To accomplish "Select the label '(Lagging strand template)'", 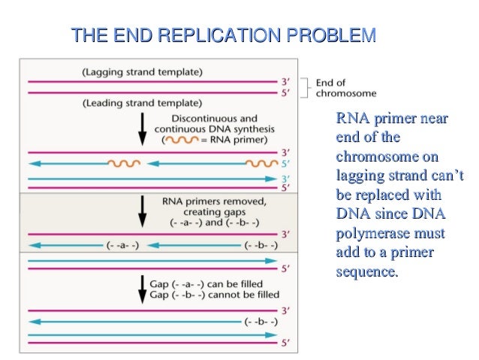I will pyautogui.click(x=142, y=72).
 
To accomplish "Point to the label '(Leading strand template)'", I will pyautogui.click(x=142, y=102).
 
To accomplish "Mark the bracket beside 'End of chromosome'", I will pyautogui.click(x=304, y=87).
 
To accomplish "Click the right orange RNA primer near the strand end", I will pyautogui.click(x=263, y=162).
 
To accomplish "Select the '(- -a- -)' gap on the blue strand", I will pyautogui.click(x=120, y=245).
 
